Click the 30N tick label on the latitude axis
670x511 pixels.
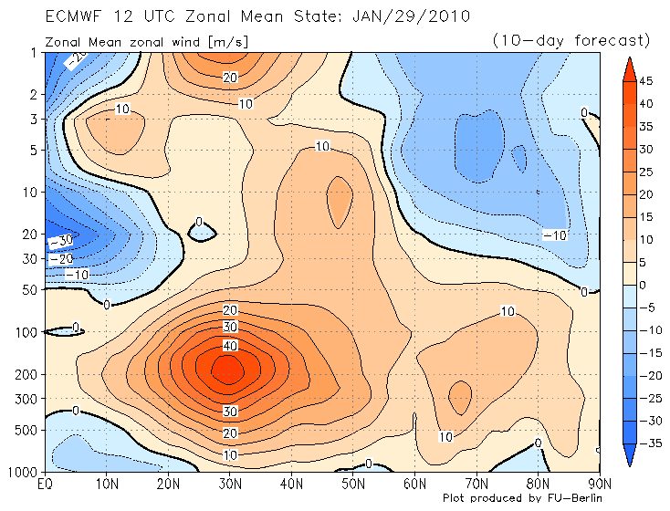pyautogui.click(x=229, y=483)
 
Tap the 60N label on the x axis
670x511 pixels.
pyautogui.click(x=414, y=483)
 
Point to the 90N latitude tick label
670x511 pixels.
pyautogui.click(x=600, y=483)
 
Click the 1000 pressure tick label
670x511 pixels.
pyautogui.click(x=23, y=471)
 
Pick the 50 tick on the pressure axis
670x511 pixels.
pyautogui.click(x=28, y=290)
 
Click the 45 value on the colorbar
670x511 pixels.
pyautogui.click(x=646, y=81)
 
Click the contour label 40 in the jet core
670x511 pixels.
pyautogui.click(x=230, y=346)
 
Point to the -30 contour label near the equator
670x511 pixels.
pyautogui.click(x=60, y=242)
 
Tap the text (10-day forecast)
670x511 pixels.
pyautogui.click(x=571, y=40)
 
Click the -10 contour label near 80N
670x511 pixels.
pyautogui.click(x=556, y=235)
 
